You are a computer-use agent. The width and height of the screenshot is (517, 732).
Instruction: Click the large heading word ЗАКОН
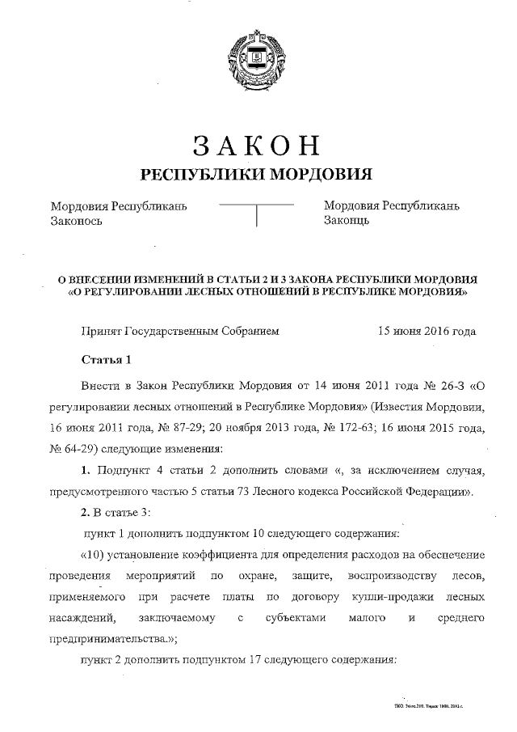(257, 146)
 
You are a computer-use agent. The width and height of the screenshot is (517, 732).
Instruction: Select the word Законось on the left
(77, 221)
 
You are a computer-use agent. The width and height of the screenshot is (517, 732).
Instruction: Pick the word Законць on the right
(347, 221)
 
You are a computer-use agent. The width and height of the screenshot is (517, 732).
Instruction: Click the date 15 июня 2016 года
(427, 331)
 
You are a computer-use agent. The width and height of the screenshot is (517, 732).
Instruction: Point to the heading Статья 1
(106, 359)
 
